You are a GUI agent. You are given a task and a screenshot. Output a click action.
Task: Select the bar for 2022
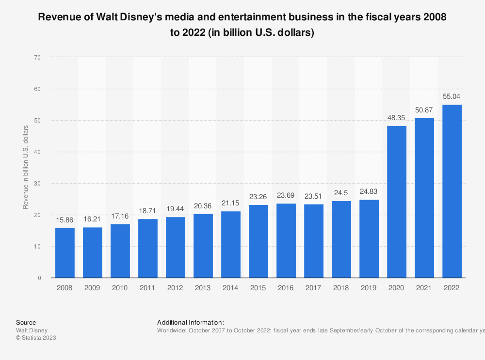[x=452, y=191]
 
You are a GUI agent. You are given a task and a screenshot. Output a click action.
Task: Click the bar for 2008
[x=65, y=253]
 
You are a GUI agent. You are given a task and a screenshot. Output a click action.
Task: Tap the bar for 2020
[x=397, y=202]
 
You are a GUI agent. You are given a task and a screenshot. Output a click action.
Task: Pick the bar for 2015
[x=259, y=241]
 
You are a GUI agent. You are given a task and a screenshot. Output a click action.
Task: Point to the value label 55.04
[x=452, y=96]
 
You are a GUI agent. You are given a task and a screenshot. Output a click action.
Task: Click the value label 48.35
[x=397, y=118]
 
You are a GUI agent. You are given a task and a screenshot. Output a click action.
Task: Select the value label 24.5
[x=341, y=193]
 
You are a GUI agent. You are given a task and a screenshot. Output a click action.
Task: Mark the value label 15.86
[x=65, y=220]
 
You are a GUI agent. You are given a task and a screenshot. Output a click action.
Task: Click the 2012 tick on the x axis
[x=176, y=288]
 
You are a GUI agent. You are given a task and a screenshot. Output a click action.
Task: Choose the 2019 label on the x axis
[x=369, y=288]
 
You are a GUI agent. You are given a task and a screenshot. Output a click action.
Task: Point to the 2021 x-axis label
[x=424, y=288]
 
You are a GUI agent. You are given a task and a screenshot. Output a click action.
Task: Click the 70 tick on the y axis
[x=37, y=57]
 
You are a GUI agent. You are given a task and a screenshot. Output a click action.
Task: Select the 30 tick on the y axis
[x=37, y=184]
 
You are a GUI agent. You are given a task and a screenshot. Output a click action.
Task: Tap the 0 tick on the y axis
[x=39, y=278]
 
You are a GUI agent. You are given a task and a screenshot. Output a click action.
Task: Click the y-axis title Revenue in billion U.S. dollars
[x=26, y=167]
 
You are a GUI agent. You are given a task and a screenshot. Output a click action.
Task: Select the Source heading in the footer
[x=26, y=322]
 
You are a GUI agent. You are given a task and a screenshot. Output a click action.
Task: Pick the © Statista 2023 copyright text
[x=36, y=338]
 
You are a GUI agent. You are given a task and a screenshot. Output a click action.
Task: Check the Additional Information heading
[x=190, y=322]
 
